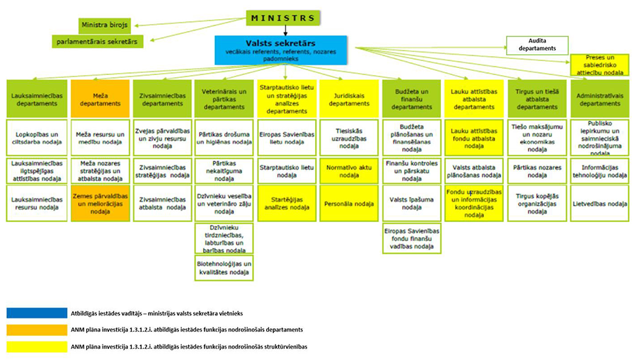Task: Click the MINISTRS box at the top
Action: (283, 18)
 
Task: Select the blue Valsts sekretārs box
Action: (281, 50)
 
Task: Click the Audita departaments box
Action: (536, 45)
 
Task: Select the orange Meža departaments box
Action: (101, 98)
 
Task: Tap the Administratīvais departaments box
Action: (600, 98)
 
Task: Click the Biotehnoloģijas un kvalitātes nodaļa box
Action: (224, 268)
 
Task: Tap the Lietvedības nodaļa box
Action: (600, 204)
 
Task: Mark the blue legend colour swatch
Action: (35, 312)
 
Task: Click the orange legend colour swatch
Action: (35, 329)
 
